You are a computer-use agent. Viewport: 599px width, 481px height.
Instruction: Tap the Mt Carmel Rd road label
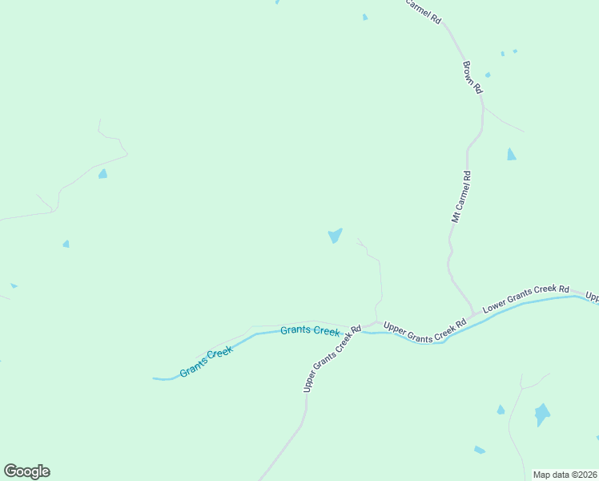(x=461, y=196)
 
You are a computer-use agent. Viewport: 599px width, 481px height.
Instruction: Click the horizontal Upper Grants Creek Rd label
(x=424, y=326)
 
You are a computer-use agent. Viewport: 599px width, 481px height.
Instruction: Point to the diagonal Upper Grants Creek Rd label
(x=332, y=358)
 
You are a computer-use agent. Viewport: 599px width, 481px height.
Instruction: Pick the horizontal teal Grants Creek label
(x=310, y=330)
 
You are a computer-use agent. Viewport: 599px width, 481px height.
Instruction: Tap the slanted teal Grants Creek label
(x=206, y=362)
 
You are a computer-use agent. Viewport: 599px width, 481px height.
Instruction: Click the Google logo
(x=26, y=471)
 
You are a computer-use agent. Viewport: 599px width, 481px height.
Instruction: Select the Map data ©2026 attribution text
(x=564, y=475)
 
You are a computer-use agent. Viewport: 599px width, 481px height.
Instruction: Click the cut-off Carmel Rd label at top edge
(x=423, y=10)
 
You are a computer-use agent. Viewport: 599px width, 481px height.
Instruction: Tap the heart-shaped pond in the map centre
(x=335, y=236)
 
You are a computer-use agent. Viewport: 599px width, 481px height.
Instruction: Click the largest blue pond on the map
(x=542, y=414)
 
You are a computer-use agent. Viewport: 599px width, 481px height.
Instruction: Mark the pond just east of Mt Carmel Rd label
(x=511, y=154)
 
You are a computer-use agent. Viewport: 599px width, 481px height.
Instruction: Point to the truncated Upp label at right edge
(x=593, y=296)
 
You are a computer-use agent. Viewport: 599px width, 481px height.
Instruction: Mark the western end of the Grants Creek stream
(x=155, y=378)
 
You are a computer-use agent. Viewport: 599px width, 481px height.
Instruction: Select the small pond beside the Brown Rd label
(x=488, y=75)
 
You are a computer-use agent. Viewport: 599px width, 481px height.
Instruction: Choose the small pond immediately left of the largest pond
(x=501, y=410)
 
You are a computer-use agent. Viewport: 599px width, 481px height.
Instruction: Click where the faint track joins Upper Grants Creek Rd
(x=376, y=322)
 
